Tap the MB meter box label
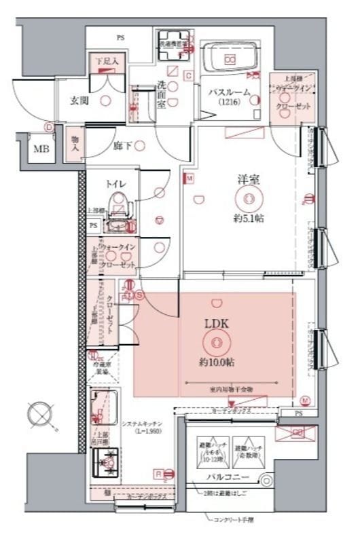pyautogui.click(x=41, y=150)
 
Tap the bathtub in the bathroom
pyautogui.click(x=231, y=59)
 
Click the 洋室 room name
pyautogui.click(x=245, y=180)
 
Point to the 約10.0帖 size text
pyautogui.click(x=217, y=363)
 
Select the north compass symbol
pyautogui.click(x=39, y=413)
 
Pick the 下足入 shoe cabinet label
pyautogui.click(x=106, y=62)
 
